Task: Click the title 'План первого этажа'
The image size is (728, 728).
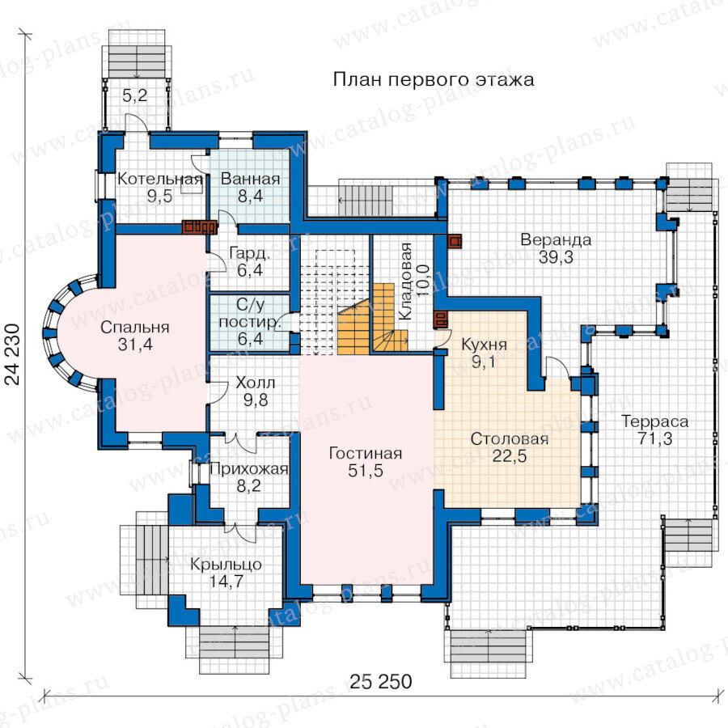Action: point(434,80)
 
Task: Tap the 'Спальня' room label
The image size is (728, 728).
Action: point(134,328)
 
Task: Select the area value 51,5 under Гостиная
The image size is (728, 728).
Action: point(366,471)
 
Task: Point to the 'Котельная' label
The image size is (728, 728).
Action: point(159,179)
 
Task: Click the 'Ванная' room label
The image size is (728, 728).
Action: point(250,179)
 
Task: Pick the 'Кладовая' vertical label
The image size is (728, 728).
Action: point(405,281)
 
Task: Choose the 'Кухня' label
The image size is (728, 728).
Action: point(484,345)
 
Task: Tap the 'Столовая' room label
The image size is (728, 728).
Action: point(510,438)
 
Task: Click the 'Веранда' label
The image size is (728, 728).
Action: point(556,239)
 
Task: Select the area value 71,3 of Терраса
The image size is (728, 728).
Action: point(654,438)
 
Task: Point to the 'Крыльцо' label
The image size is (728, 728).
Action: point(226,565)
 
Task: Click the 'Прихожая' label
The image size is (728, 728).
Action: point(249,469)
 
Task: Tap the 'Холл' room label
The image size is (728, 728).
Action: point(256,383)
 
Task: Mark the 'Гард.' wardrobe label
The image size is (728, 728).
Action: point(250,253)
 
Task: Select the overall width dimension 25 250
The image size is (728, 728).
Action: point(381,682)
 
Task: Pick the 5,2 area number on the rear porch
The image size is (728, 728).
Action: point(134,95)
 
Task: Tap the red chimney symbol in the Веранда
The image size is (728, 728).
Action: point(455,241)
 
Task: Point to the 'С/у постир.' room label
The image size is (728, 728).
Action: point(250,322)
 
